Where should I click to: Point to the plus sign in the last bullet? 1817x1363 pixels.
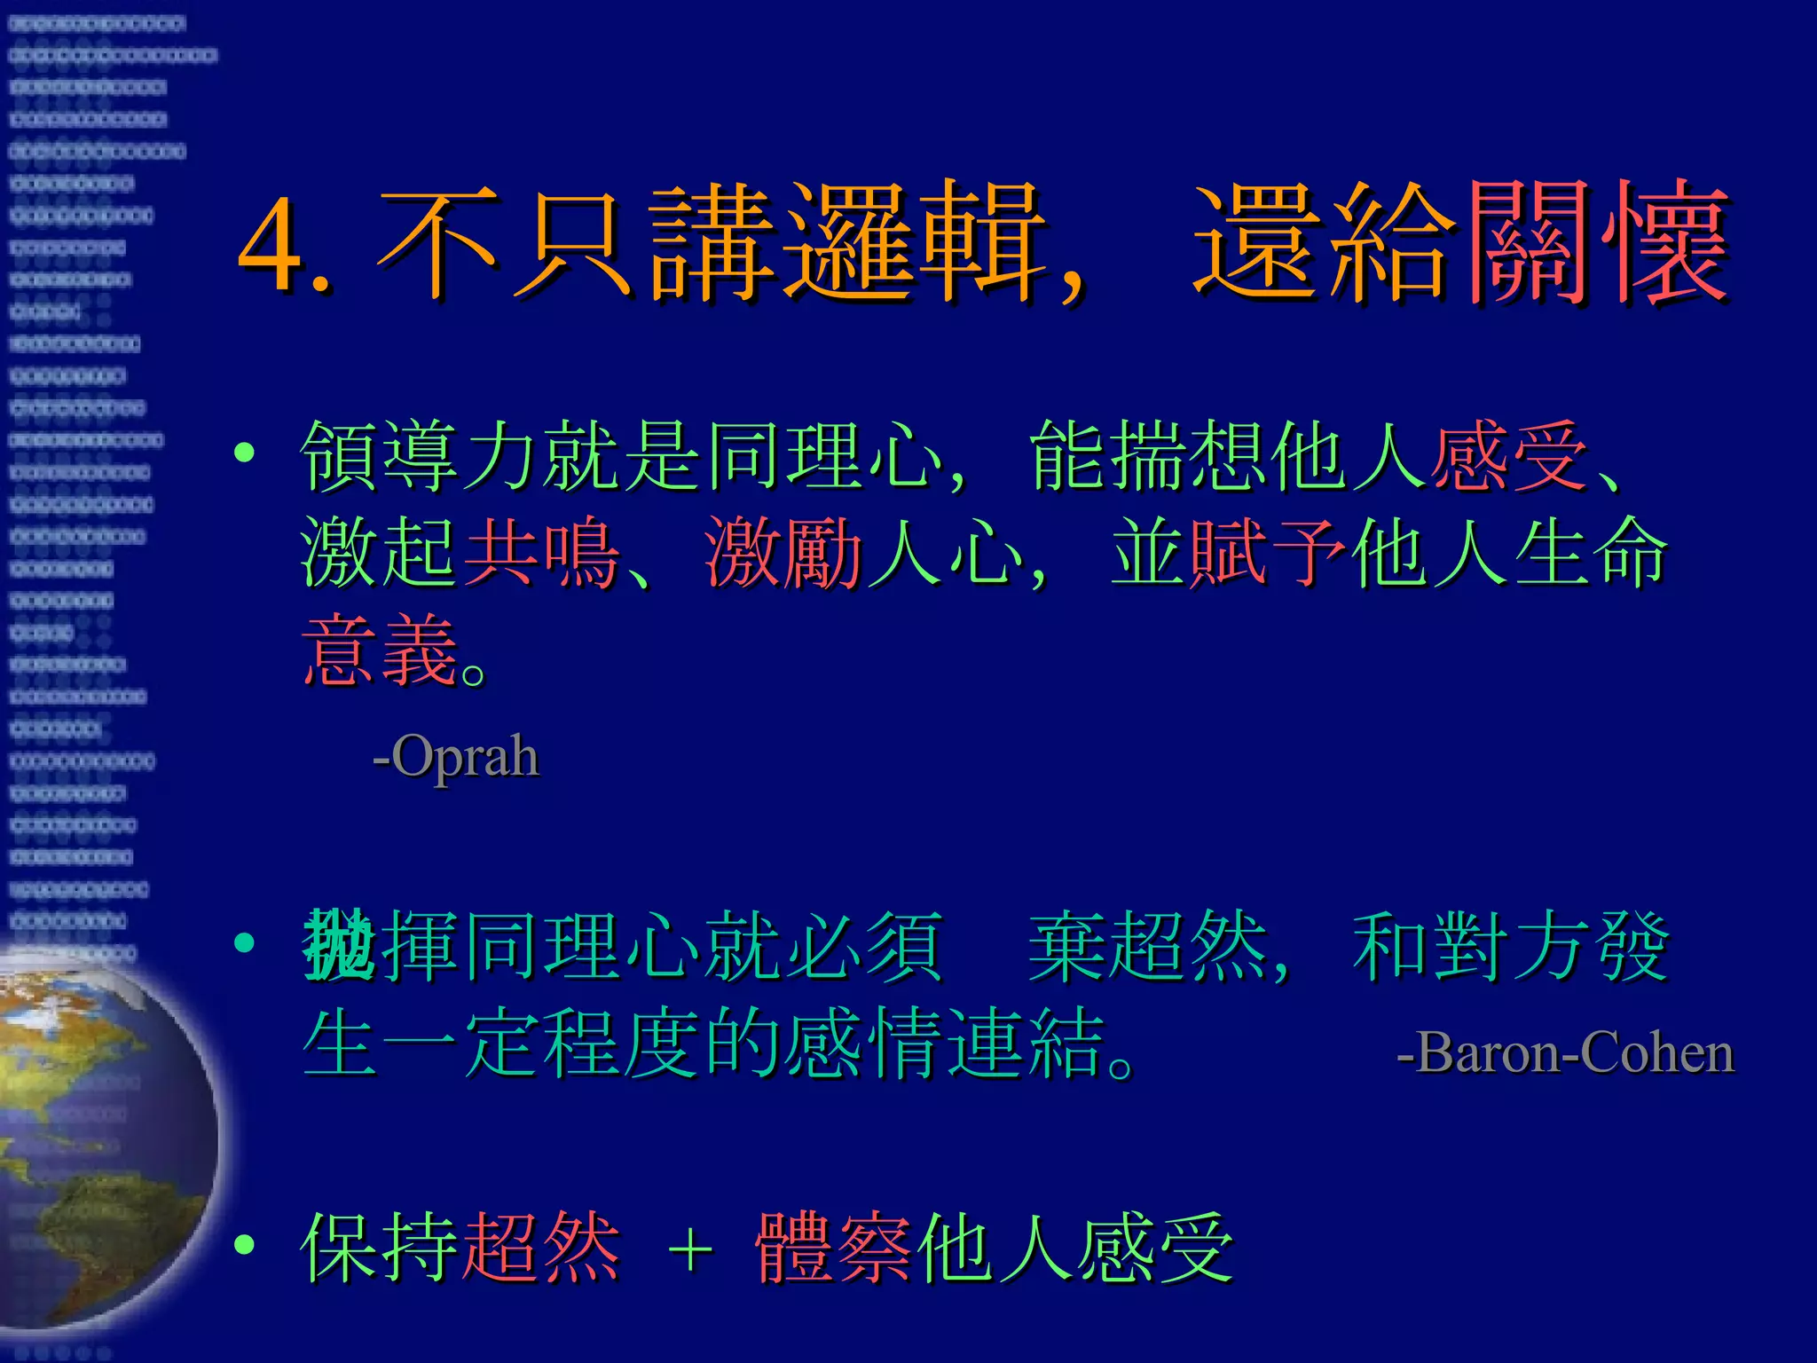tap(691, 1250)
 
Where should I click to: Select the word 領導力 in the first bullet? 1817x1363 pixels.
tap(421, 456)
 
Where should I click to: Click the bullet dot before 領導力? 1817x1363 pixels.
tap(244, 453)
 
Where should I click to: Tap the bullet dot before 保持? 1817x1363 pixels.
tap(244, 1245)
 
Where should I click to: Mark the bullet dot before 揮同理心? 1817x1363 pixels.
tap(244, 942)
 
